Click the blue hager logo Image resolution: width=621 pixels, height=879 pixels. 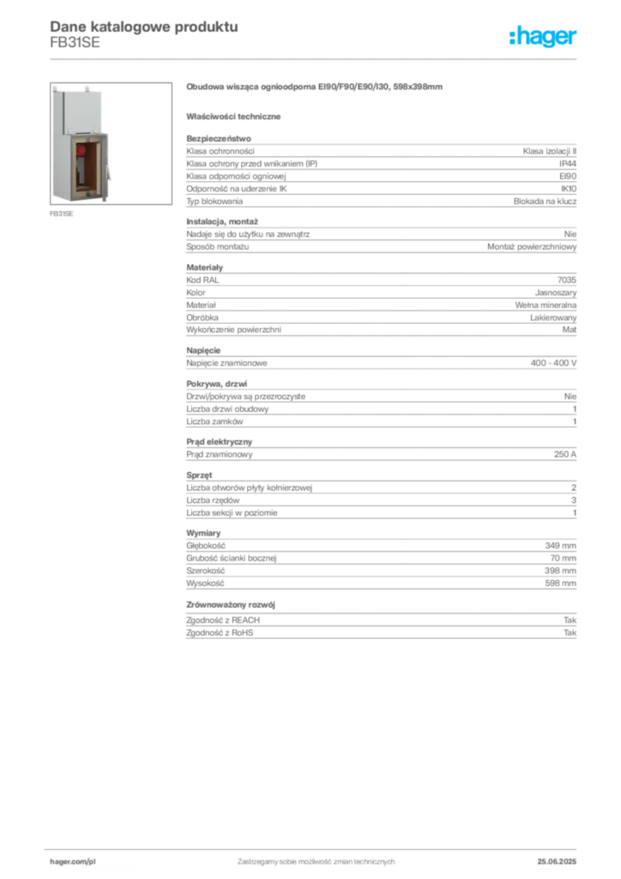click(x=544, y=37)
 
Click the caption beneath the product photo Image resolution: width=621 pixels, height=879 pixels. click(x=61, y=215)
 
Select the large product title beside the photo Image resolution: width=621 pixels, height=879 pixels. click(x=315, y=88)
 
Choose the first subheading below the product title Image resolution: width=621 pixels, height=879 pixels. click(x=237, y=116)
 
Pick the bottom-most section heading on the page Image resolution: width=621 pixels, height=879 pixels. click(x=232, y=604)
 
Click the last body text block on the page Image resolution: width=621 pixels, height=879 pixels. click(x=380, y=627)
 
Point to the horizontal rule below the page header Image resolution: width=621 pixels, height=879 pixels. click(x=315, y=58)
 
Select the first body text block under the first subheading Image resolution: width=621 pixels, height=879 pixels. click(x=380, y=172)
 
